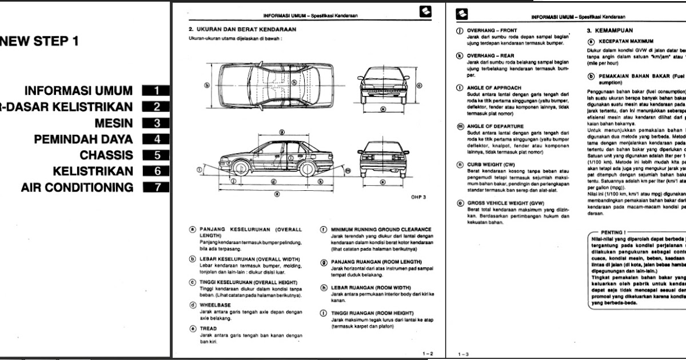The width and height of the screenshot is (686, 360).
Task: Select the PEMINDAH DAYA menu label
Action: click(x=83, y=139)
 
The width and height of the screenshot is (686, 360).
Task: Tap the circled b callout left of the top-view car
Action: click(x=207, y=85)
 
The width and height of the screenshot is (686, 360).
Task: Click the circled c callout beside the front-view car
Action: click(x=420, y=86)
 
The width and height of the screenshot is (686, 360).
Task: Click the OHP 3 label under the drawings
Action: click(x=418, y=197)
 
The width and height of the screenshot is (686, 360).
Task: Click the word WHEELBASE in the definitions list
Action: click(x=215, y=305)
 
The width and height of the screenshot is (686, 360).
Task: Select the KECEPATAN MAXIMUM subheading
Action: click(x=625, y=42)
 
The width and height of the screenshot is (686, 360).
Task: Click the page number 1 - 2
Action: click(x=428, y=354)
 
